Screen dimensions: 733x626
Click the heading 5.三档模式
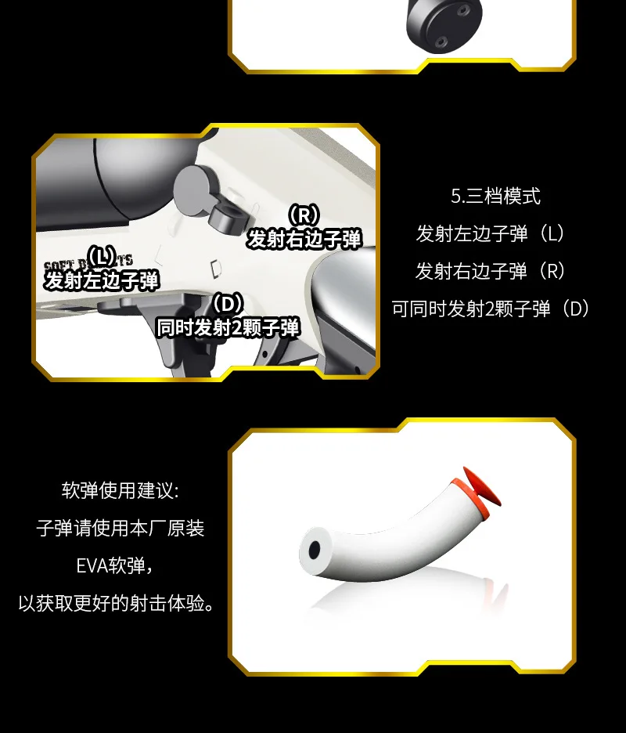point(495,196)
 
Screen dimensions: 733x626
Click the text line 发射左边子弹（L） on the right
point(491,233)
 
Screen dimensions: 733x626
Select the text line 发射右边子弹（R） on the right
point(491,271)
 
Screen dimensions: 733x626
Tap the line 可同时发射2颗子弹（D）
point(491,309)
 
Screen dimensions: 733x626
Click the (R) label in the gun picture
point(304,215)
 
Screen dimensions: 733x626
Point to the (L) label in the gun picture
point(102,256)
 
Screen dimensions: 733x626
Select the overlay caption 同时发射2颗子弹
point(228,327)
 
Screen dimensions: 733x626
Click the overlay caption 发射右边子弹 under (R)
point(304,239)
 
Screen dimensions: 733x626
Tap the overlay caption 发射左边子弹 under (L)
point(102,280)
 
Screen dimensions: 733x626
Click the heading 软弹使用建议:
point(120,491)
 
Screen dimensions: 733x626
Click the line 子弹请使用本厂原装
point(120,529)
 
